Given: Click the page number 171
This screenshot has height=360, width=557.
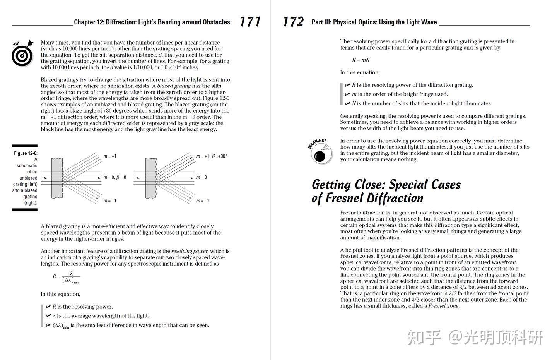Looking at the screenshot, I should tap(250, 22).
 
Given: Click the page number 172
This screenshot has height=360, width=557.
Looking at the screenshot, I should tap(293, 22).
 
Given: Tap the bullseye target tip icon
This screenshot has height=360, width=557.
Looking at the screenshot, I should tap(22, 53).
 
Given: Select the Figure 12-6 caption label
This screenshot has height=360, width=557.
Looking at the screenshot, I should tap(26, 153).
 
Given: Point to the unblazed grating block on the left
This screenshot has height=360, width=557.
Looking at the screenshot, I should tap(57, 178).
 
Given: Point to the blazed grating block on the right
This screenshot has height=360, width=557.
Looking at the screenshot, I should tap(151, 178).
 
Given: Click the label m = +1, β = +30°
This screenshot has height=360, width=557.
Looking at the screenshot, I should tap(212, 156).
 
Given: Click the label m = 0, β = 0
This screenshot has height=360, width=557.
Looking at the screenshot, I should tap(114, 177).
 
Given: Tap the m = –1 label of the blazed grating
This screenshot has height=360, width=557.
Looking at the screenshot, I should tap(203, 201).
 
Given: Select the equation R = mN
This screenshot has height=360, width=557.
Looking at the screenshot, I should tap(361, 60).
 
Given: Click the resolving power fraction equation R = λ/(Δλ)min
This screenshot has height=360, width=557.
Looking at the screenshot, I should tap(67, 277).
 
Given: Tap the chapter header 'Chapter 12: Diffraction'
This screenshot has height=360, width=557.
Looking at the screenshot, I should tap(152, 22).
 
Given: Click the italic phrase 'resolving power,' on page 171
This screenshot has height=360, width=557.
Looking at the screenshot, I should tap(190, 251).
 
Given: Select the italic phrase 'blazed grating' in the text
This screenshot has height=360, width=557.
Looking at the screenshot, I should tap(174, 86).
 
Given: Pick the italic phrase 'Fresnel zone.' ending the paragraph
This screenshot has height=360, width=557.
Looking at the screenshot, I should tap(444, 306).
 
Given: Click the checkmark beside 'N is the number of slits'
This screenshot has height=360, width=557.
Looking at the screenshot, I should tap(347, 103).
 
